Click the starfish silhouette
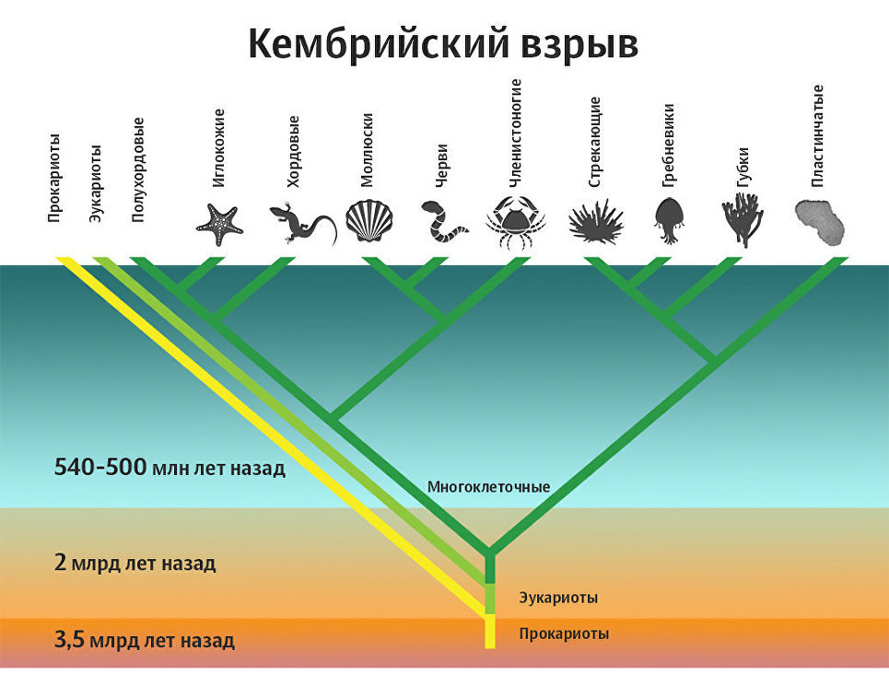(218, 225)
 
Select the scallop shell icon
(368, 220)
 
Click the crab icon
(515, 222)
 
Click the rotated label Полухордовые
(138, 169)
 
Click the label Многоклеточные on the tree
(488, 486)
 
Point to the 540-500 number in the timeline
(100, 467)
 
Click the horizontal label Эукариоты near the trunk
(558, 598)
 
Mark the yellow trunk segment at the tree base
(490, 631)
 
